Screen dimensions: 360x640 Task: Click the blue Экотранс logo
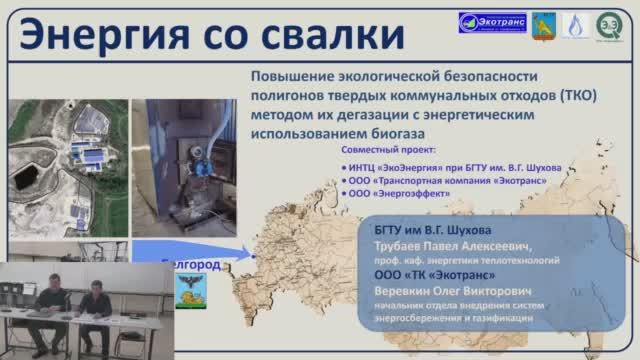(491, 23)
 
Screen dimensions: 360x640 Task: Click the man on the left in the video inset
(50, 294)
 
